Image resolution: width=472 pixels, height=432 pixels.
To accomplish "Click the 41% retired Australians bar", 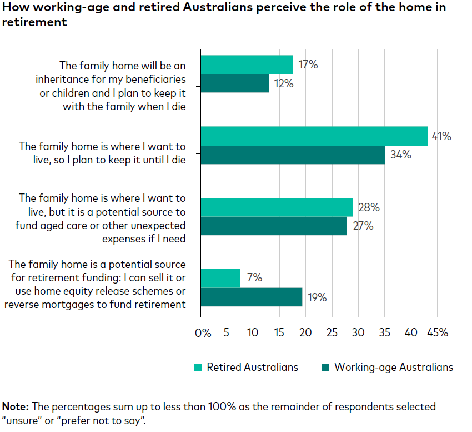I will (314, 136).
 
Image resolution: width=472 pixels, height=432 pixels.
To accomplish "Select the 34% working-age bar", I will (293, 155).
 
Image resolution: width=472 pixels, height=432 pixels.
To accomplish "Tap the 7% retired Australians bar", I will (220, 278).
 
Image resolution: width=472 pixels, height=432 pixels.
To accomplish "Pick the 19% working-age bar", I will (251, 297).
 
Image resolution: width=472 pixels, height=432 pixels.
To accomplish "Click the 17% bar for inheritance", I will (247, 64).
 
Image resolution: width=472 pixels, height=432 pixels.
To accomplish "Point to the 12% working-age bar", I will (234, 83).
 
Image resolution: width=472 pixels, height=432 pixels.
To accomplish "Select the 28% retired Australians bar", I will (277, 207).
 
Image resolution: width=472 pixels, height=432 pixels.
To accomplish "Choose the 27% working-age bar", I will (274, 226).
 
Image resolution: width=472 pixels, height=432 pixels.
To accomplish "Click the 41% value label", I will (441, 136).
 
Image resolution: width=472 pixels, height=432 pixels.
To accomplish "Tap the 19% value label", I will (317, 297).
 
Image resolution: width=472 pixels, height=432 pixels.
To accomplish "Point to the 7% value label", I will (254, 277).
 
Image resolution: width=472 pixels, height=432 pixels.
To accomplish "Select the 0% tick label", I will (203, 332).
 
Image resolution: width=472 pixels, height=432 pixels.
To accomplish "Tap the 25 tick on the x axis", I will (332, 332).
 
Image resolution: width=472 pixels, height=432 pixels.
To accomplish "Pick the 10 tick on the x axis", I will (253, 332).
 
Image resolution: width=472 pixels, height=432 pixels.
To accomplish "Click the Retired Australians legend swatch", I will (198, 367).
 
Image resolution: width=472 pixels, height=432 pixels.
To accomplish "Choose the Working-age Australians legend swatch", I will (325, 367).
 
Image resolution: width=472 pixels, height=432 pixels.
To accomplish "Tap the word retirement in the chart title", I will (35, 22).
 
